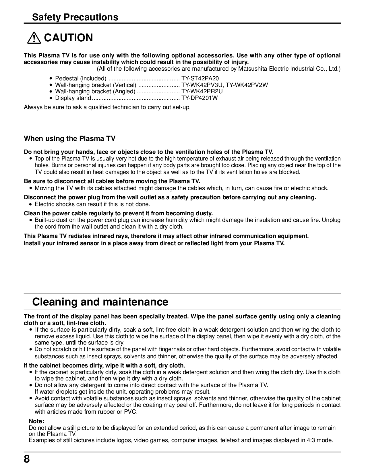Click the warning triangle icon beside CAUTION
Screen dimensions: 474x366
[34, 38]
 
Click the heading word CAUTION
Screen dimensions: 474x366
[69, 38]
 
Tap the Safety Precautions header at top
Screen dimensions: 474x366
[75, 17]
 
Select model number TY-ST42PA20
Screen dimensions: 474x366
[200, 78]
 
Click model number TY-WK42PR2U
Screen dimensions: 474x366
[202, 91]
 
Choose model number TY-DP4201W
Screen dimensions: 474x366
[200, 98]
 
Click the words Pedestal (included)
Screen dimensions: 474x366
[81, 78]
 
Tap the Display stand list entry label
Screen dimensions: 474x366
[73, 98]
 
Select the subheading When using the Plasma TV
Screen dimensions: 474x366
[69, 139]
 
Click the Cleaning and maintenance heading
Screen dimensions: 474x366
[100, 302]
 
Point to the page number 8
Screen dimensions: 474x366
[27, 459]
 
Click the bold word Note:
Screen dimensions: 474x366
[36, 421]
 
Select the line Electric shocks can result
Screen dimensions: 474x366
[92, 204]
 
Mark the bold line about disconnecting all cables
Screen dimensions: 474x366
[112, 181]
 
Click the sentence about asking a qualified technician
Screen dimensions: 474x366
[107, 107]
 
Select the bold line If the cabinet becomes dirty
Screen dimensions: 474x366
[104, 365]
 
